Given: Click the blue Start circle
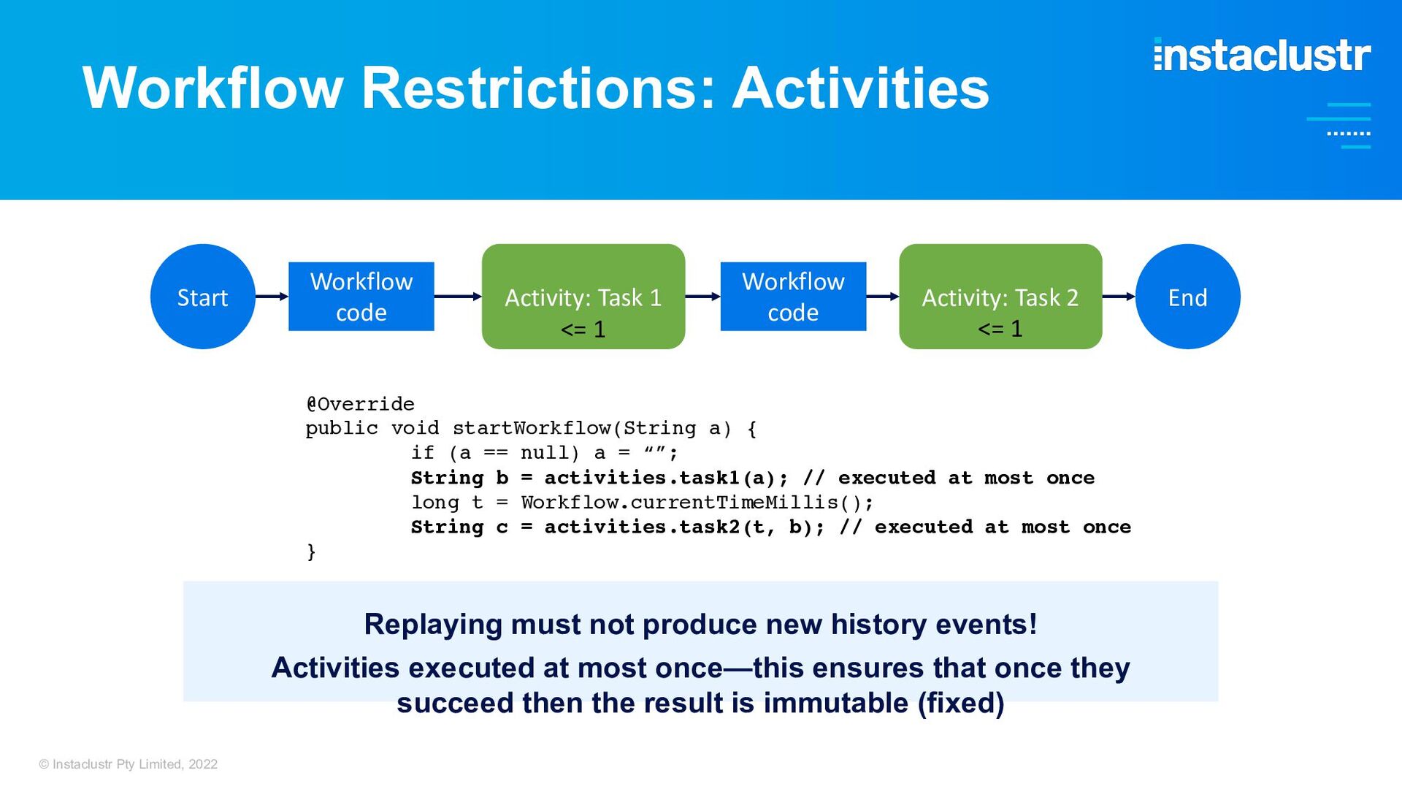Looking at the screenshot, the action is point(203,297).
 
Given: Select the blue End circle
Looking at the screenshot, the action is point(1188,297).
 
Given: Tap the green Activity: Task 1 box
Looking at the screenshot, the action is point(583,297).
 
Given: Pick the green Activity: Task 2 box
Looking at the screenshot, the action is point(1000,297).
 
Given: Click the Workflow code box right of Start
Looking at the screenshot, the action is point(361,297).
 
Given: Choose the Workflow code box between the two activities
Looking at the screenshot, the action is point(793,297).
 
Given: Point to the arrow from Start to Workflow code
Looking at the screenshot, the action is point(272,297).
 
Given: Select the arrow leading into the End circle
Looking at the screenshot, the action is point(1119,297).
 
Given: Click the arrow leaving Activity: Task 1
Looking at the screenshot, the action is point(703,297).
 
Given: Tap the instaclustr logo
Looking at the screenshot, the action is point(1263,55).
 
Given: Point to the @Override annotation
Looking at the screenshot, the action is point(360,404).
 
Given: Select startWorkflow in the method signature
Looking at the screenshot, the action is point(532,428).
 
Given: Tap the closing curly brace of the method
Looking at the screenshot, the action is point(312,552).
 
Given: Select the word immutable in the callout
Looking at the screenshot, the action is point(836,703).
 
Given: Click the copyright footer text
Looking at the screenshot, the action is point(129,764).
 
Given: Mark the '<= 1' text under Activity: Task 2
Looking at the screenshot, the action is point(1000,329).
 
